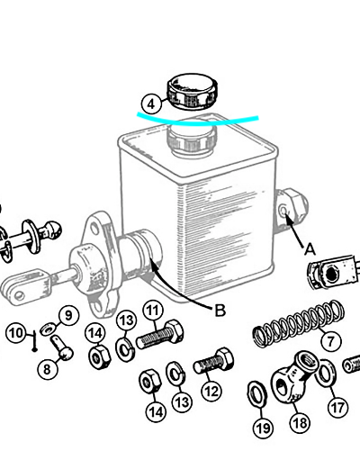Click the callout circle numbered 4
[x=151, y=104]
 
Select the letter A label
[x=310, y=249]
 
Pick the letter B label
[x=220, y=311]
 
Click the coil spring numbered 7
[x=299, y=323]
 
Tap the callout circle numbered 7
[x=330, y=341]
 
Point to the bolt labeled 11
[x=159, y=335]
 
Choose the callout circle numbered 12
[x=211, y=391]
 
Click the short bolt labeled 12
[x=213, y=361]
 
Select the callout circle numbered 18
[x=300, y=423]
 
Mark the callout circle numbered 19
[x=263, y=428]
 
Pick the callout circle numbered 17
[x=337, y=408]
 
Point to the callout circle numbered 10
[x=15, y=333]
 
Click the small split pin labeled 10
[x=35, y=340]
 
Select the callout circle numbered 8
[x=47, y=369]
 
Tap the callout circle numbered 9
[x=69, y=316]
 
